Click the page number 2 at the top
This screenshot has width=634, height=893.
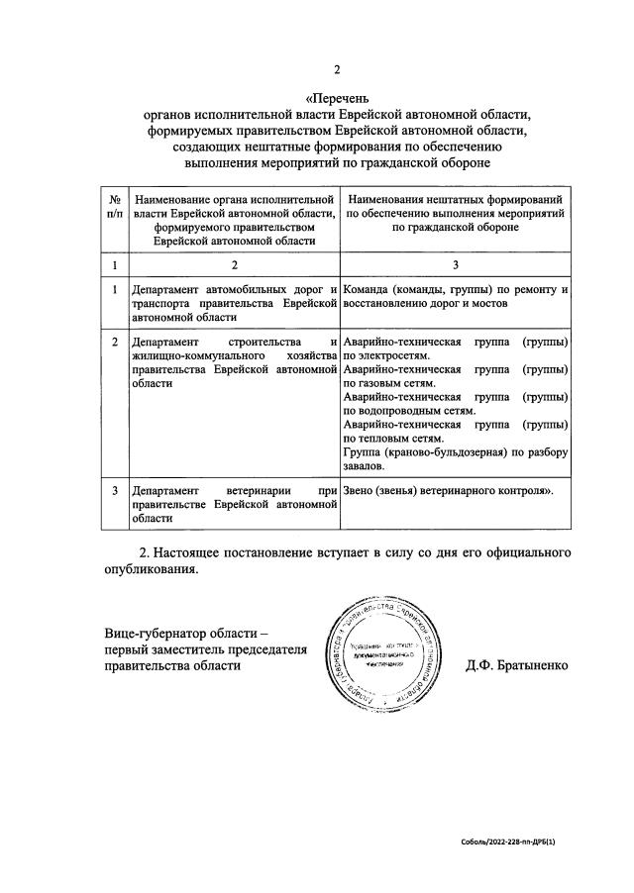337,69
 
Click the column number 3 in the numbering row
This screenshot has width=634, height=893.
455,264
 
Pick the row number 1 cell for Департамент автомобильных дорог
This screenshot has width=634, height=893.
115,290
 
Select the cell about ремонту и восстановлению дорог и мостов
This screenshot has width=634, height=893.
455,296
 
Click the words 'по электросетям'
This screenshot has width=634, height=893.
386,355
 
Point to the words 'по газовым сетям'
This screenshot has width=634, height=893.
391,383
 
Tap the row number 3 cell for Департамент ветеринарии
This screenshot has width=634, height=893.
115,490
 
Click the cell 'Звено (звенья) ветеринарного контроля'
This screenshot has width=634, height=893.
447,490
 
